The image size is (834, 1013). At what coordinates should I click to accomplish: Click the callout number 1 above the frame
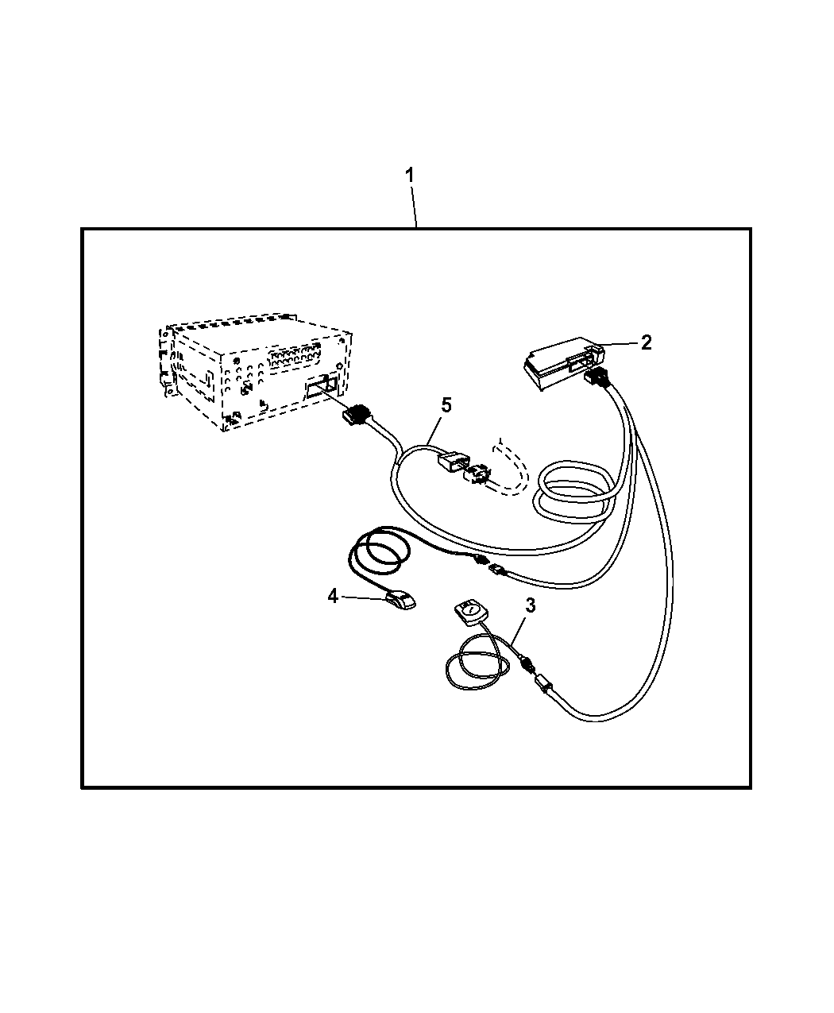[410, 176]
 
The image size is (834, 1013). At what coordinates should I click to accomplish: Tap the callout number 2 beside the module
[646, 343]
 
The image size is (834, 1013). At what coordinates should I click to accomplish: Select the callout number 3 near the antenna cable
[531, 605]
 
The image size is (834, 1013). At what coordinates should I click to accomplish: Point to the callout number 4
[332, 596]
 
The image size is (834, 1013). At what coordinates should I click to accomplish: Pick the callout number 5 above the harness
[446, 404]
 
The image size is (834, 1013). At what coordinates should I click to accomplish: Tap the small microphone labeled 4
[401, 601]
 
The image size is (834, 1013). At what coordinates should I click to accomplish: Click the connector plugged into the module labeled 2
[597, 377]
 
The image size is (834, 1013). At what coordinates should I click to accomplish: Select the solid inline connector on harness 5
[454, 460]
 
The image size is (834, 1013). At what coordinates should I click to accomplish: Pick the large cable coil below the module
[573, 493]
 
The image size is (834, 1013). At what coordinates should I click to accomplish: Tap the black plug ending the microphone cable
[480, 560]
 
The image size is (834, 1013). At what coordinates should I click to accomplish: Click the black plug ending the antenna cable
[528, 663]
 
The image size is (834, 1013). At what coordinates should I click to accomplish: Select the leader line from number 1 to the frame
[414, 207]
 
